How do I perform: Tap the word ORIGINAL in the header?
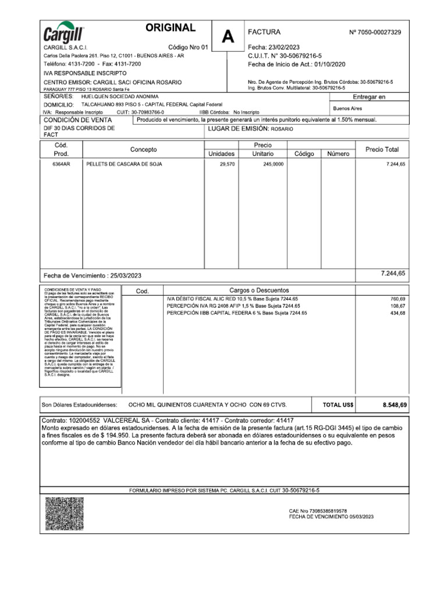point(171,28)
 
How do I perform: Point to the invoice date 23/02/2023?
point(284,47)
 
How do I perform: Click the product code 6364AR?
point(61,165)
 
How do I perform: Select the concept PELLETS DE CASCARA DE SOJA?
point(124,165)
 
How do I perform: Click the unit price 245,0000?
point(274,165)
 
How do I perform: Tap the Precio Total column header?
point(382,150)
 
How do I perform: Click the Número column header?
point(338,154)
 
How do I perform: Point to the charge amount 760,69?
point(398,299)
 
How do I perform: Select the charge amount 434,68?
point(398,313)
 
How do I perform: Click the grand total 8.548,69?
point(395,405)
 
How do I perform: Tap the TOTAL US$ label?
point(338,405)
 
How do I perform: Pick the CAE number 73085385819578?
point(328,511)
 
